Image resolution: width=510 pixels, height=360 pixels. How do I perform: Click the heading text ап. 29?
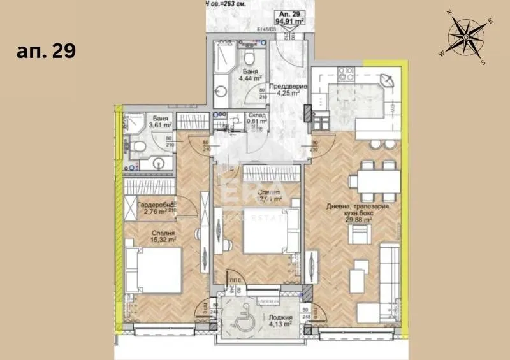46,52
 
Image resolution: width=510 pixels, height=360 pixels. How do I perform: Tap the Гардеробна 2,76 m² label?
155,208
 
